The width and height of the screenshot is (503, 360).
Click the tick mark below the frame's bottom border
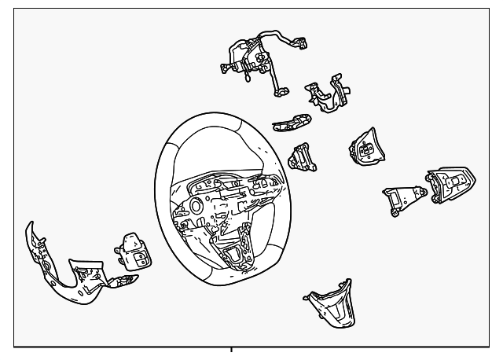tap(233, 350)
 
